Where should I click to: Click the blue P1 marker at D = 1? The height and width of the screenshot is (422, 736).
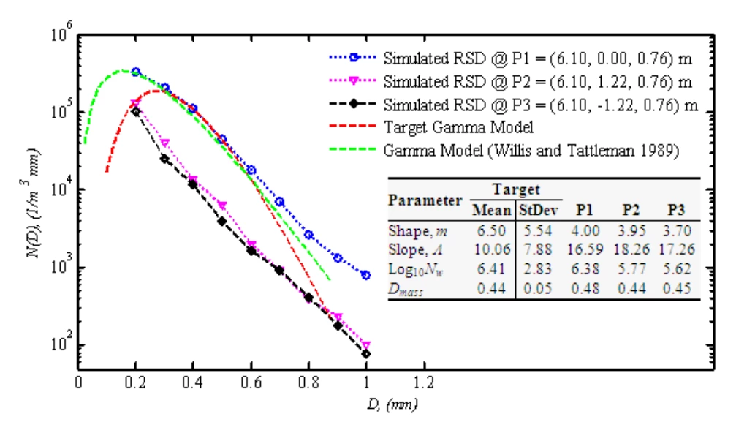366,275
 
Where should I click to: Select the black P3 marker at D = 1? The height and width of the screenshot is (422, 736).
366,354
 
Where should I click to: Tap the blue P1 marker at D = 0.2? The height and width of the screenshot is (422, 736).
136,72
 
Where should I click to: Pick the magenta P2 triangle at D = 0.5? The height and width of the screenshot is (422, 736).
222,206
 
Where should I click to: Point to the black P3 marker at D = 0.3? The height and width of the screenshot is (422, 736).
164,159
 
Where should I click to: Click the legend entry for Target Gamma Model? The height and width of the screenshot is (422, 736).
431,127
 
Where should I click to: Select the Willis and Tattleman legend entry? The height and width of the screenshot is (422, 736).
504,151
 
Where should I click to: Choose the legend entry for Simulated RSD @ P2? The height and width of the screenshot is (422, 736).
510,82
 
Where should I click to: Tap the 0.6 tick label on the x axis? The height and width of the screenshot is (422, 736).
251,383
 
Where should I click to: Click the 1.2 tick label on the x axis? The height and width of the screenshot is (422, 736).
424,383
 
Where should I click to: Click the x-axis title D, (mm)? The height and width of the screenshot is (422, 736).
392,404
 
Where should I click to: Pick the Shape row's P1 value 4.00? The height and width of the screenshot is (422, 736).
585,230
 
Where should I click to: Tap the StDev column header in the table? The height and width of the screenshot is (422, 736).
539,210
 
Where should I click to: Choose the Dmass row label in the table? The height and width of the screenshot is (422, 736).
406,289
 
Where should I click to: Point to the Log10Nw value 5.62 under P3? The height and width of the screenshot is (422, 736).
677,269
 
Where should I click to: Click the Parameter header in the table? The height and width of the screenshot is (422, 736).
425,200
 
